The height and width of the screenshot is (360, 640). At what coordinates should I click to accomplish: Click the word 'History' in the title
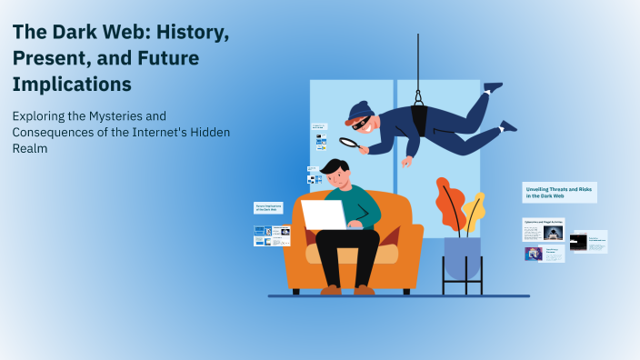[189, 35]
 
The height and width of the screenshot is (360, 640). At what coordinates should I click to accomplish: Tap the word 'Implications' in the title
[72, 84]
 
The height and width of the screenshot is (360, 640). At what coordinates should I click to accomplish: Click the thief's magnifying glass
[348, 142]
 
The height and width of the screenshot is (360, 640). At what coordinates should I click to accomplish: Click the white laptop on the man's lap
[324, 215]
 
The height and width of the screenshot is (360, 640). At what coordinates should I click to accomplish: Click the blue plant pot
[462, 256]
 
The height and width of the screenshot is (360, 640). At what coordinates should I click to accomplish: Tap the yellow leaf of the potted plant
[474, 211]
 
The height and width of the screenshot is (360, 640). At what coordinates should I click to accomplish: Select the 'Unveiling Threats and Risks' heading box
[559, 192]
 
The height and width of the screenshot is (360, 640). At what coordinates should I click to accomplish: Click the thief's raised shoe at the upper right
[492, 88]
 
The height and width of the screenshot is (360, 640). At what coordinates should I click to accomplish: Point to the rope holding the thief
[418, 55]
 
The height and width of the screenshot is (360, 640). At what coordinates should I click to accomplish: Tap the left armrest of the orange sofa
[297, 248]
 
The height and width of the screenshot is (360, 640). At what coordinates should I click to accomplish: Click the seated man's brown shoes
[346, 290]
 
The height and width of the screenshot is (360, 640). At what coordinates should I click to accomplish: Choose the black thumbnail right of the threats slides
[578, 242]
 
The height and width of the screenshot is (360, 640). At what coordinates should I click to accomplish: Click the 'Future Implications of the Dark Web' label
[268, 208]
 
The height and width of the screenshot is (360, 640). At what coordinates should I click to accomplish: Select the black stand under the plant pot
[462, 277]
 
